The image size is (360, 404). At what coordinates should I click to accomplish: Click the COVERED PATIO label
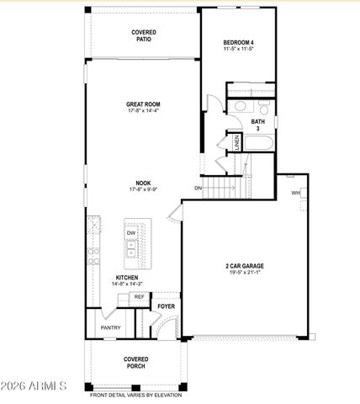[143, 35]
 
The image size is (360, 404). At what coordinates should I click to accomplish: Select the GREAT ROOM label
[143, 105]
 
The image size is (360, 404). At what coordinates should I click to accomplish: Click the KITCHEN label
[128, 277]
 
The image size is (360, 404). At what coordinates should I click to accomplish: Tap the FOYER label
[167, 306]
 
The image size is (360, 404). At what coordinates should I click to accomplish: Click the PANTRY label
[110, 327]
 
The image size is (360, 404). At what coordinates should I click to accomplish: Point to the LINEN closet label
[237, 144]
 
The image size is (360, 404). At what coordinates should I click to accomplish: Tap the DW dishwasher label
[131, 233]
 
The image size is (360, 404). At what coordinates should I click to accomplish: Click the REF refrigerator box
[140, 297]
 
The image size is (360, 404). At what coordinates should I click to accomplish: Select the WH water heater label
[295, 193]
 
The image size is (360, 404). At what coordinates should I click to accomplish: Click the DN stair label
[199, 188]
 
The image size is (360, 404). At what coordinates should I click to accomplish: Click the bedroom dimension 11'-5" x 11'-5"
[238, 50]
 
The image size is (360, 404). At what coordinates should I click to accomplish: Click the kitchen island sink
[131, 249]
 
